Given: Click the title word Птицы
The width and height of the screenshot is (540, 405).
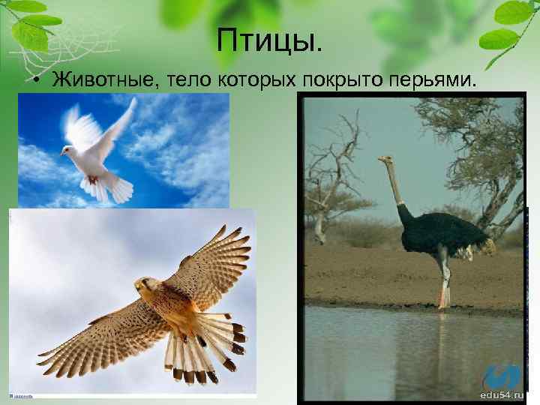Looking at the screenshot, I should (270, 41).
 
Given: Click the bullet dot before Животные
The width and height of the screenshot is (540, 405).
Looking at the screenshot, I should (36, 81).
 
